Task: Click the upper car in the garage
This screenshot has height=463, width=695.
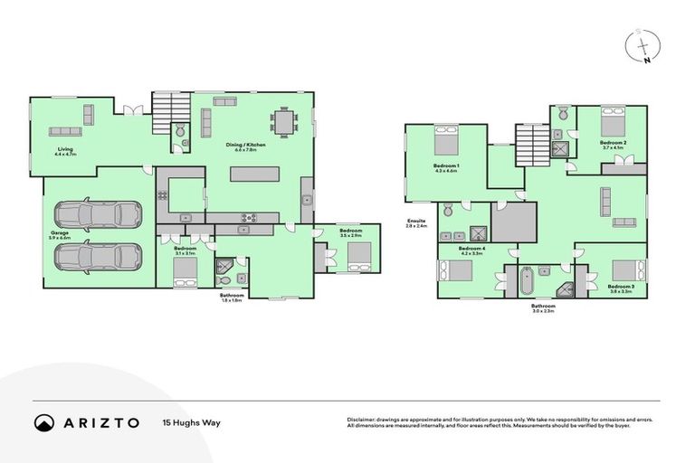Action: coord(98,215)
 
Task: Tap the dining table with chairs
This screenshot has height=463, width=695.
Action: coord(285,122)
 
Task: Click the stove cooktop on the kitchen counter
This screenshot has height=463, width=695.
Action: coord(248,217)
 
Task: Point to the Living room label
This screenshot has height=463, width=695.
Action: coord(65,149)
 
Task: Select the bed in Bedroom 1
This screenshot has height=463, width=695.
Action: coord(447,143)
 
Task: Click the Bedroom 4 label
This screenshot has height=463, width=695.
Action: coord(471,248)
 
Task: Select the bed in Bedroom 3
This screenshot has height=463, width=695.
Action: coord(625,270)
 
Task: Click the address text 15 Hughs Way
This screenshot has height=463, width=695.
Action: coord(191,422)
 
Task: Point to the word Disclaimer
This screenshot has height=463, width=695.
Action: coord(364,419)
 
